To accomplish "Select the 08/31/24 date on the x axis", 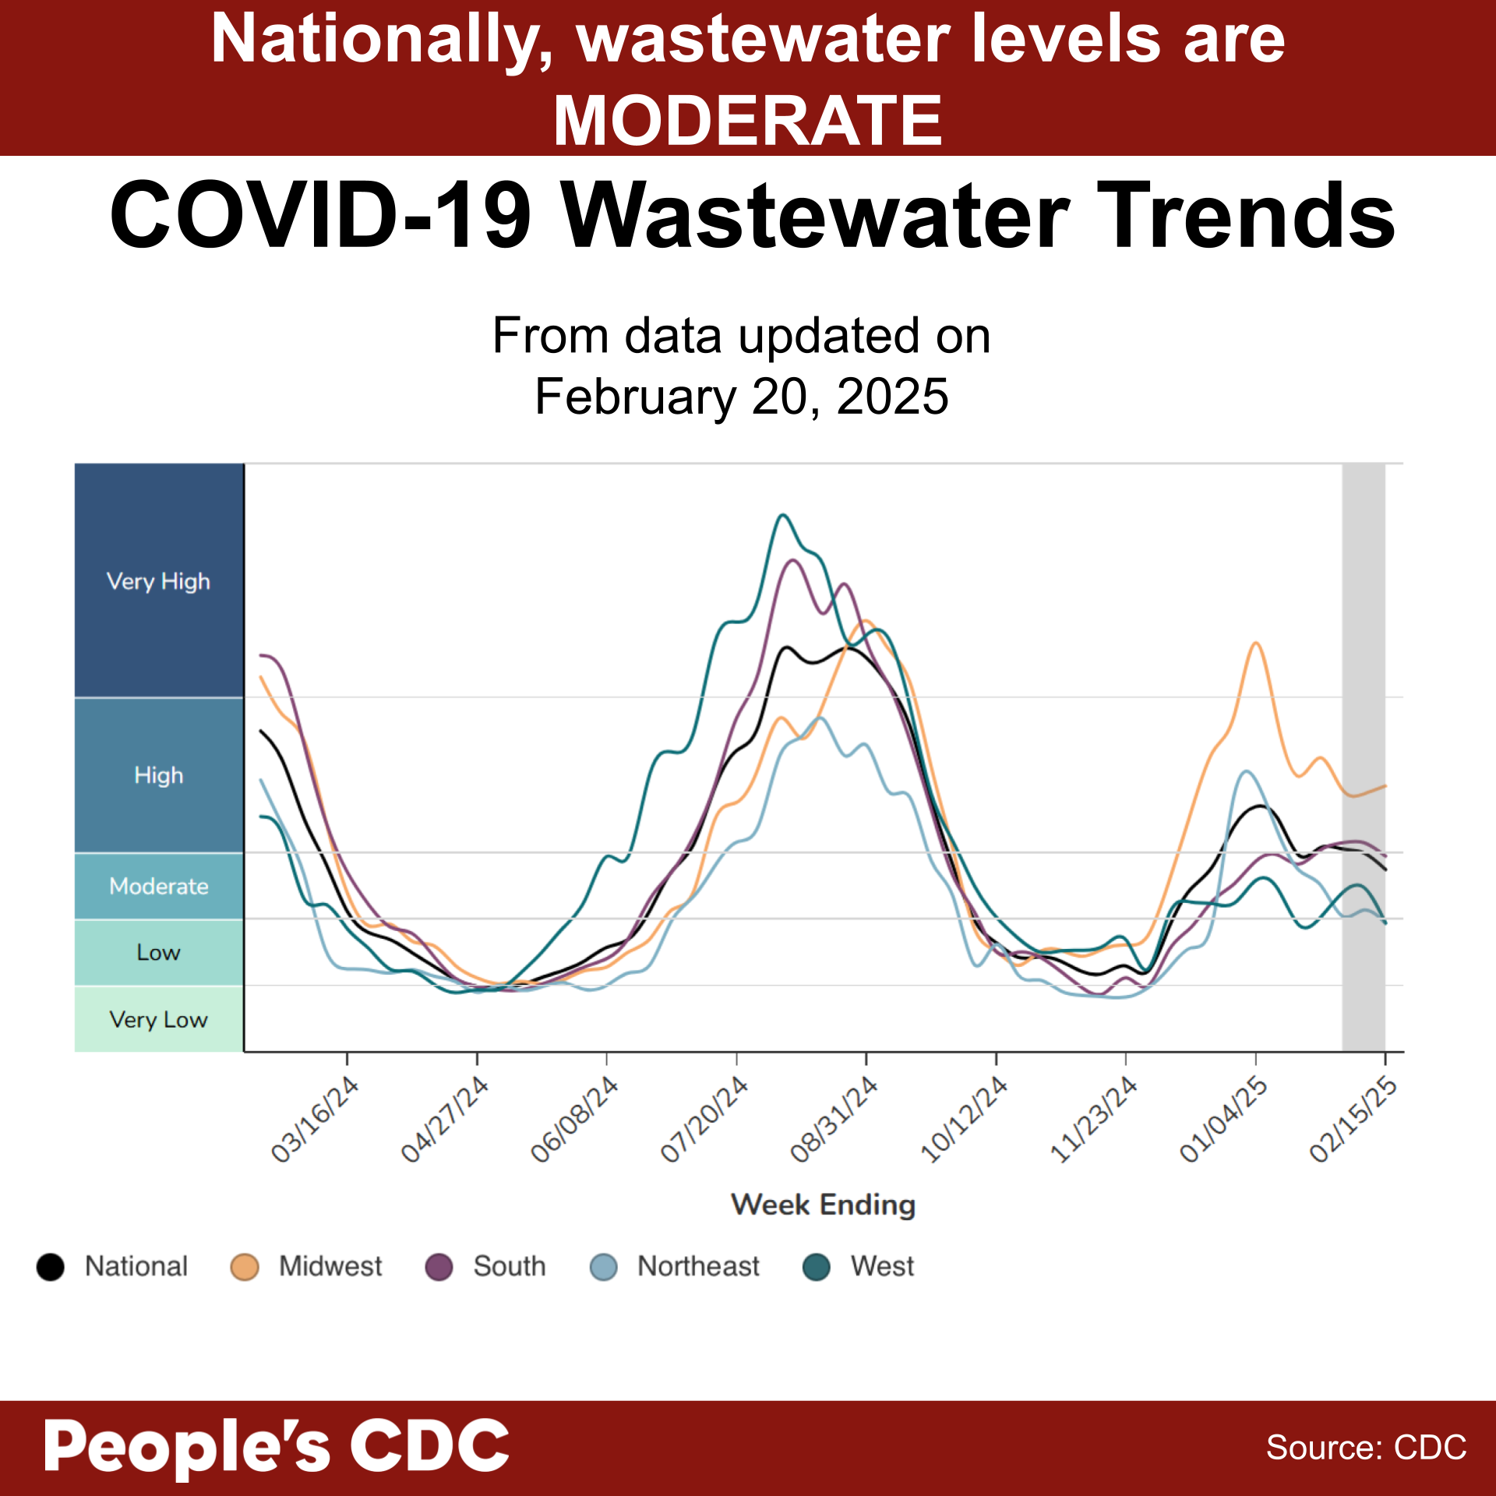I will click(834, 1120).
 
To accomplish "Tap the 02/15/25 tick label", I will click(1353, 1120).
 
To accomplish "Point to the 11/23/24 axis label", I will click(1094, 1120).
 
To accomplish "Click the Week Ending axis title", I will click(823, 1205).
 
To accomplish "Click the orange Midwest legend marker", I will click(245, 1267).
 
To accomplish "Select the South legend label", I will click(509, 1266).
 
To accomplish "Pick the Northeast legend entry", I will click(697, 1266).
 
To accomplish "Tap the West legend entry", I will click(881, 1266).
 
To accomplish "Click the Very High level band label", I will click(158, 581).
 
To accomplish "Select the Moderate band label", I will click(158, 886).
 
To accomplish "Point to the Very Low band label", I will click(158, 1019).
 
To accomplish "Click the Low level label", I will click(158, 952).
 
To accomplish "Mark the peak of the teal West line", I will click(783, 515).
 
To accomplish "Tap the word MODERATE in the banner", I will click(748, 121).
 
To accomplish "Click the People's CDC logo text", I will click(277, 1447).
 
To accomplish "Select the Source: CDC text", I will click(1366, 1448).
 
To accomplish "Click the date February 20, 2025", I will click(741, 397).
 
